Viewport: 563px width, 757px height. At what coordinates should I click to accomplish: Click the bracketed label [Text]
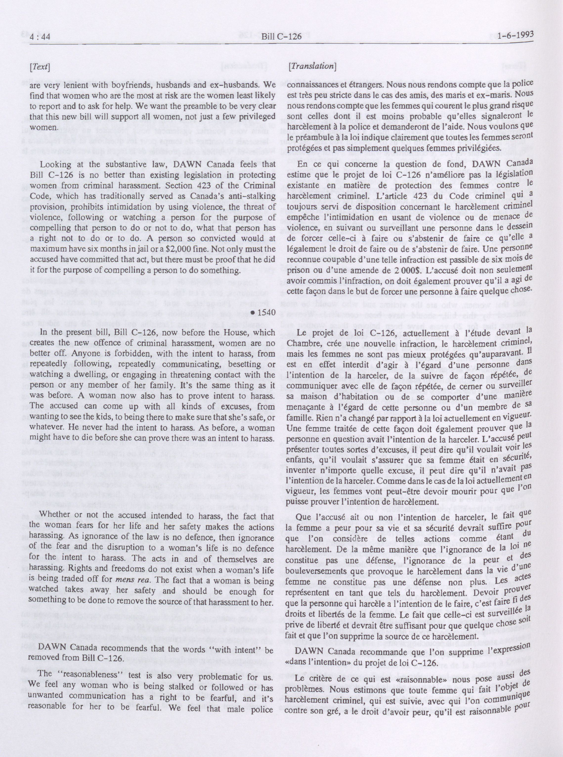pyautogui.click(x=40, y=67)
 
